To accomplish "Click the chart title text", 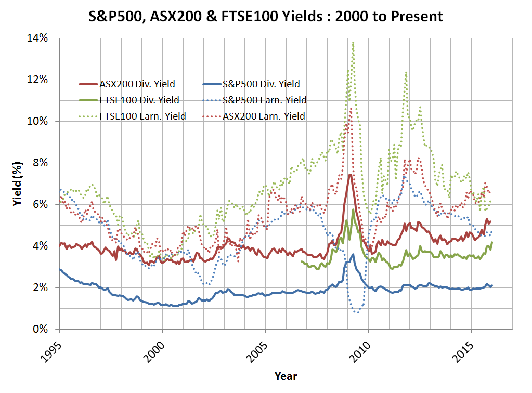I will tap(266, 16).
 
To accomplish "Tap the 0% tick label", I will tap(44, 329).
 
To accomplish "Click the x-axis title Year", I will tap(286, 376).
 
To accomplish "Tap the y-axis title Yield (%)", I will tap(17, 184).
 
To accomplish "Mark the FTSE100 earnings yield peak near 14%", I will tap(353, 43).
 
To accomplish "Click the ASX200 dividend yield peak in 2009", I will tap(351, 175).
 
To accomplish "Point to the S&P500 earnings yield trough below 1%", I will tap(357, 312).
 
